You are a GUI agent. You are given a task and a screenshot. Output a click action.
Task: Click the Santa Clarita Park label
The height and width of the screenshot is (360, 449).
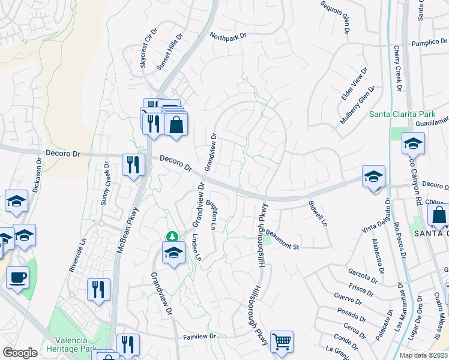tap(402, 113)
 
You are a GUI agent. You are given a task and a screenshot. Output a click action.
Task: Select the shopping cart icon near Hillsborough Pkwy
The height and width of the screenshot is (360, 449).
tap(282, 341)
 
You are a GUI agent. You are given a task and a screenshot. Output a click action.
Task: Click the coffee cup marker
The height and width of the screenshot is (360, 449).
tap(17, 278)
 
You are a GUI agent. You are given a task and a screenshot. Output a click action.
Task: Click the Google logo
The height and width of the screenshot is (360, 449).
tap(20, 352)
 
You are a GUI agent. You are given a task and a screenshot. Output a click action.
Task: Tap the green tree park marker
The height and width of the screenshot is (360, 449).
tap(172, 236)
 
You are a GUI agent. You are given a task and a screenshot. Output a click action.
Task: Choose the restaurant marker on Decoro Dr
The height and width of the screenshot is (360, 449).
tap(133, 164)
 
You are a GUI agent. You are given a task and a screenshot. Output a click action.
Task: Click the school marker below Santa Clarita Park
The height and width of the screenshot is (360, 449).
tap(413, 144)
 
